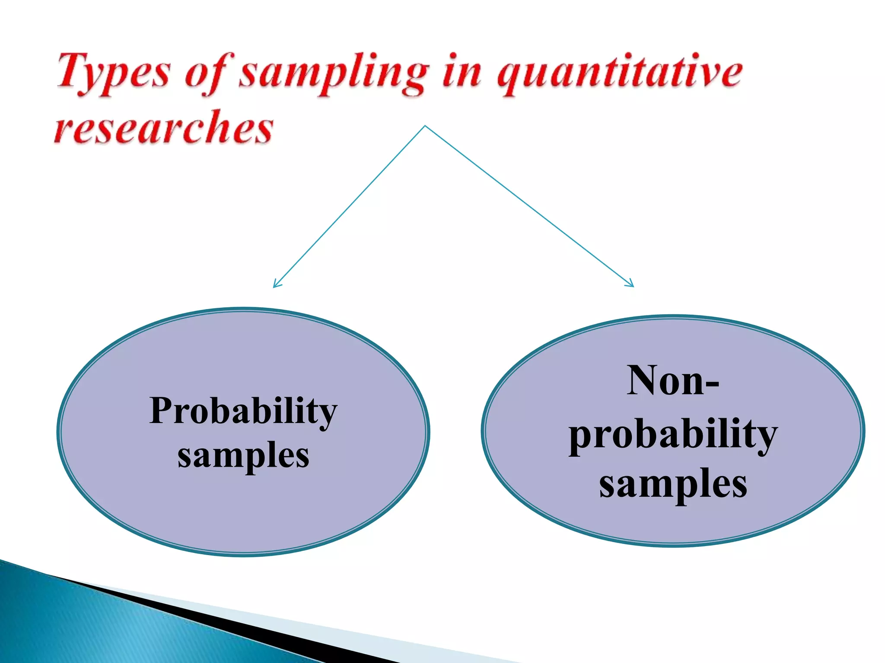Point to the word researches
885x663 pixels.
(x=163, y=126)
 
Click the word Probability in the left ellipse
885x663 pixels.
(x=243, y=410)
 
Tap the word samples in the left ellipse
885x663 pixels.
(x=243, y=455)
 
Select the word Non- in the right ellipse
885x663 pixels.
(x=672, y=380)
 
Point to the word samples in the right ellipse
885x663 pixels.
(x=672, y=483)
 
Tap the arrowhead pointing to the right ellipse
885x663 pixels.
(x=631, y=284)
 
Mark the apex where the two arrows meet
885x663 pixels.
(x=425, y=126)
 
